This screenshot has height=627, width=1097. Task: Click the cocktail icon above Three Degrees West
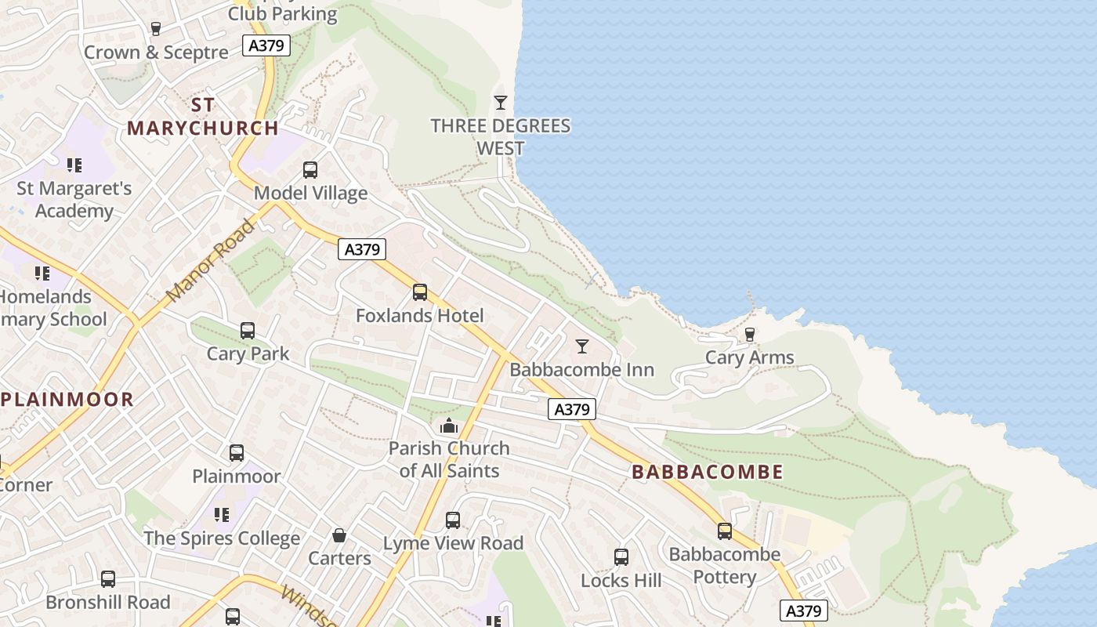pos(501,103)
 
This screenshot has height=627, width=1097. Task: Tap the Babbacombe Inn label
pos(581,369)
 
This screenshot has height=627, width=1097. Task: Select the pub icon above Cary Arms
pos(750,335)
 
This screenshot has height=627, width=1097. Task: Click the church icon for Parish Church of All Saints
pos(449,426)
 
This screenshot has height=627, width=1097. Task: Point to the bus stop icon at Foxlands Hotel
pos(420,292)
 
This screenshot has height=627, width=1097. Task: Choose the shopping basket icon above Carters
pos(339,535)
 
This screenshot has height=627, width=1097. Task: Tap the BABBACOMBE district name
pos(707,472)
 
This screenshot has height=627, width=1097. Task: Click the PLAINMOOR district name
pos(67,399)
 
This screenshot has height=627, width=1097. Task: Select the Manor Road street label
pos(211,262)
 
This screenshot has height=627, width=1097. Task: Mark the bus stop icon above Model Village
pos(310,170)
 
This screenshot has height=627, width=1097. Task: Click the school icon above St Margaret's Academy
pos(74,165)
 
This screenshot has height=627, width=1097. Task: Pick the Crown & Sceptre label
pos(156,53)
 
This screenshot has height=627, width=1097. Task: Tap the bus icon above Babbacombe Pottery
pos(725,531)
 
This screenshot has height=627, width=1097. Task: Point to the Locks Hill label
pos(621,581)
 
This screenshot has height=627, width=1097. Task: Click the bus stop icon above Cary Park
pos(248,331)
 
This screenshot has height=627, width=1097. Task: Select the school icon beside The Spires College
pos(222,515)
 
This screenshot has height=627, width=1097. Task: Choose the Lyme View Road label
pos(453,543)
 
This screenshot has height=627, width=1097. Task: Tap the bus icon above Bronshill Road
pos(108,579)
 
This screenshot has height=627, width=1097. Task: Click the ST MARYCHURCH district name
pos(202,117)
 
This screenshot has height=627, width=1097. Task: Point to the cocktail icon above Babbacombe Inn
pos(581,346)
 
